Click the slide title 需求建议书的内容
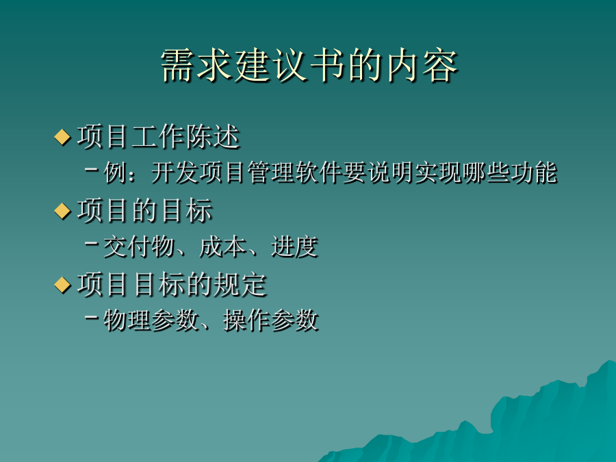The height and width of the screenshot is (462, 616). coord(309,66)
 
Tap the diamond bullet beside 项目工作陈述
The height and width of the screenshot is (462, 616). coord(62,137)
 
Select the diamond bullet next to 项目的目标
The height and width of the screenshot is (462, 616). coord(62,211)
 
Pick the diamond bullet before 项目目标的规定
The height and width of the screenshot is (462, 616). coord(62,285)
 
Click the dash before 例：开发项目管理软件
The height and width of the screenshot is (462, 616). coord(91,170)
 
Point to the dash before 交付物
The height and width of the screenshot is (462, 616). coord(91,244)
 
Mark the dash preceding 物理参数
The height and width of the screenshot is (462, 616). coord(91,317)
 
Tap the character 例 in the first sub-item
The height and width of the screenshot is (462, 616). coord(115,172)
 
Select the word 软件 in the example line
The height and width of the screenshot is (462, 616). coord(318,172)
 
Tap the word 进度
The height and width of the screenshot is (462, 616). coord(294,246)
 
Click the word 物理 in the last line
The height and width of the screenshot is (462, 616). coord(127,320)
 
